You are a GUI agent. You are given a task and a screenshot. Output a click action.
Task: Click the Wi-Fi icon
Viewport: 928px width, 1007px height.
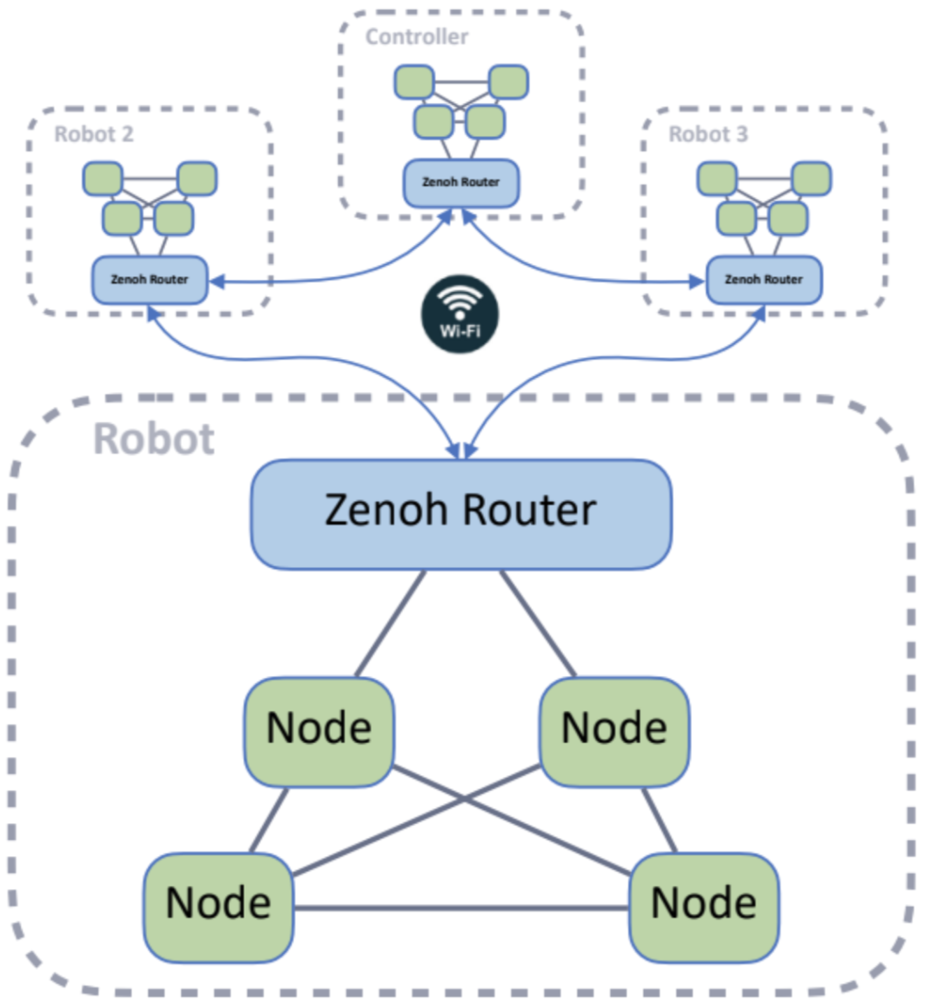point(459,314)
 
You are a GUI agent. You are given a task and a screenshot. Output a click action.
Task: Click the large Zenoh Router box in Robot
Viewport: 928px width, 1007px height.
point(461,514)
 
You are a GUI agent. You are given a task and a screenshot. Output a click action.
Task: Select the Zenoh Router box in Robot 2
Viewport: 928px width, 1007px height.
point(150,280)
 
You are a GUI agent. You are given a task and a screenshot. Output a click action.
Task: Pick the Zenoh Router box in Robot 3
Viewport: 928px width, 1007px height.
point(764,280)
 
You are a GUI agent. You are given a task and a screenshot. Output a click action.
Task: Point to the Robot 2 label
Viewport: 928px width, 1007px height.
point(94,134)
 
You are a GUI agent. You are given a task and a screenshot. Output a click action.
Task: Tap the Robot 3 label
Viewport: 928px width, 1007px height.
point(708,134)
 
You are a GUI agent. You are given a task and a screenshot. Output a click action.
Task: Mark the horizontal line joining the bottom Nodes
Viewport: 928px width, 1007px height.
point(461,908)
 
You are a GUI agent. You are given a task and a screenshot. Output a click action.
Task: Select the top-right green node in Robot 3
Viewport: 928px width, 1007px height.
point(811,178)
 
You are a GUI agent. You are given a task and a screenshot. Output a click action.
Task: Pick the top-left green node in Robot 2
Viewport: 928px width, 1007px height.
point(103,178)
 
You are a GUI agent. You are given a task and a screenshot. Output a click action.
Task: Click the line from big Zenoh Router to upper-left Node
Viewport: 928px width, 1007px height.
point(390,624)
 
